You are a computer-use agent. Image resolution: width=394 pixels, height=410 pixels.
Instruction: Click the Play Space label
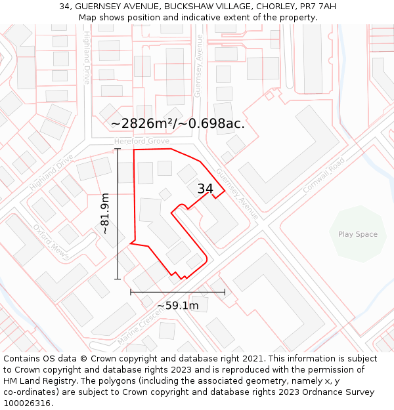(x=358, y=234)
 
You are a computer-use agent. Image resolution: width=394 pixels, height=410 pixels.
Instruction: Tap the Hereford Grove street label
(x=141, y=141)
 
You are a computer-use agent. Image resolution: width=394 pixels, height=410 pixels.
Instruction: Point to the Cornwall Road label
(x=323, y=175)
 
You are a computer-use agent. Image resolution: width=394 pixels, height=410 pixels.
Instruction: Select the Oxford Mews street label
(x=51, y=241)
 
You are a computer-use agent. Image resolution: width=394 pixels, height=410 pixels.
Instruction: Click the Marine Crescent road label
(x=139, y=328)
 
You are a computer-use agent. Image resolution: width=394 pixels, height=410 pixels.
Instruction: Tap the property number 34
(x=206, y=189)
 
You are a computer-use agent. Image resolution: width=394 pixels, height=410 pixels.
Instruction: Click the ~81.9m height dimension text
(x=104, y=214)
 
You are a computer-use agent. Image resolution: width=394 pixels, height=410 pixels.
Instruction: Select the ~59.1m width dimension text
(x=177, y=306)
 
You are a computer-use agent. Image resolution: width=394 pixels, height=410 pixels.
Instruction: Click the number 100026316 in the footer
(x=28, y=403)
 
